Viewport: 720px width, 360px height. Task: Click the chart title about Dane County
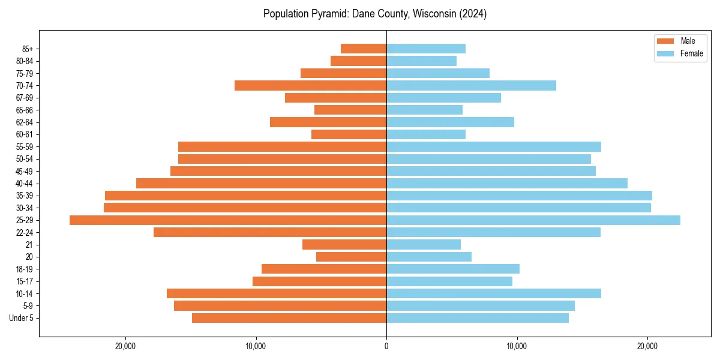coord(375,14)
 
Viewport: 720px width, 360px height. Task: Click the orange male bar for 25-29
coord(228,220)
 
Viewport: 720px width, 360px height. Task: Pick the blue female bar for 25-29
coord(533,220)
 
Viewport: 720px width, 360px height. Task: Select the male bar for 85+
coord(364,49)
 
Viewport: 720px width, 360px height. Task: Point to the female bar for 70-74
coord(471,85)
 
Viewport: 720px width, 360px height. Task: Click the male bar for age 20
coord(351,257)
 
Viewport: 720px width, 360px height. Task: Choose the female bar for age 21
coord(424,245)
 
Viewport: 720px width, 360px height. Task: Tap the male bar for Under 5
coord(289,318)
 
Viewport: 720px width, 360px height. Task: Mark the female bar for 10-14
coord(494,293)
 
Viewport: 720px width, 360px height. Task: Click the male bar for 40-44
coord(261,184)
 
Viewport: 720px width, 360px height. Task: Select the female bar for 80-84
coord(421,61)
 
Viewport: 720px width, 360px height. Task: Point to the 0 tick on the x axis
coord(386,346)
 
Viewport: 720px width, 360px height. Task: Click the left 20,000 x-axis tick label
coord(125,346)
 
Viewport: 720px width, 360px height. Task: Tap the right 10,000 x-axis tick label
coord(517,346)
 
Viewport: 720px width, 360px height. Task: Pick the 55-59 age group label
coord(25,147)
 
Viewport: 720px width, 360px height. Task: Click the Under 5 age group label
coord(22,318)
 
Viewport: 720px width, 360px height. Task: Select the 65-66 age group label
coord(25,110)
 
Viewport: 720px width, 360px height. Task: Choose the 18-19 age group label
coord(25,269)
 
